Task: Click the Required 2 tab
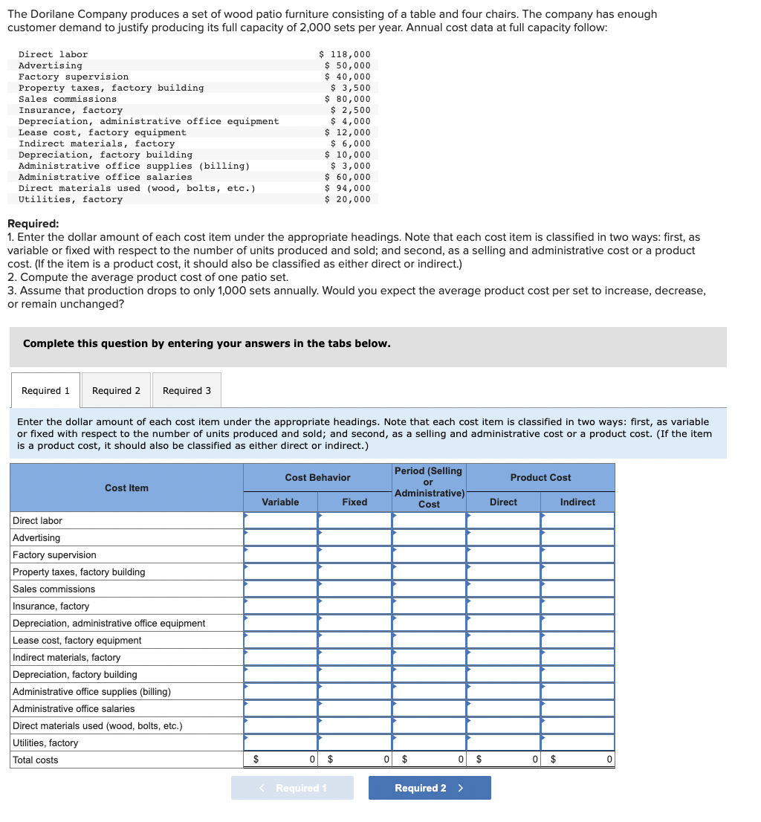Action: pos(116,391)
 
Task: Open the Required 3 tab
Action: pos(187,391)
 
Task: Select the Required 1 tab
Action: pos(45,391)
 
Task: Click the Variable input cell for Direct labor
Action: pos(281,521)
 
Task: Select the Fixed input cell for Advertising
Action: pos(355,538)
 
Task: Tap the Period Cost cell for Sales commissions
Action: pos(430,589)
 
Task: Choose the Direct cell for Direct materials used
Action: pos(504,726)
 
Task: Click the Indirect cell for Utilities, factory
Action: pos(578,743)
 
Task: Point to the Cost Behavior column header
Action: pos(317,478)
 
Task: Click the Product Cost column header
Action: pos(540,478)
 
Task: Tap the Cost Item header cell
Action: pos(126,488)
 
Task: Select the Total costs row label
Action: pos(36,760)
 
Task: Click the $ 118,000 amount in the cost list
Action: pos(345,54)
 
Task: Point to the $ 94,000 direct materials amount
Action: pos(348,188)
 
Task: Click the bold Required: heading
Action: pos(33,224)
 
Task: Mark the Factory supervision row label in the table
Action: pos(54,555)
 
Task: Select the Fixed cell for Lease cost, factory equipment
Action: pos(355,641)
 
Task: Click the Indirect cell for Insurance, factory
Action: pos(578,606)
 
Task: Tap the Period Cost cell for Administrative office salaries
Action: pos(430,709)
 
